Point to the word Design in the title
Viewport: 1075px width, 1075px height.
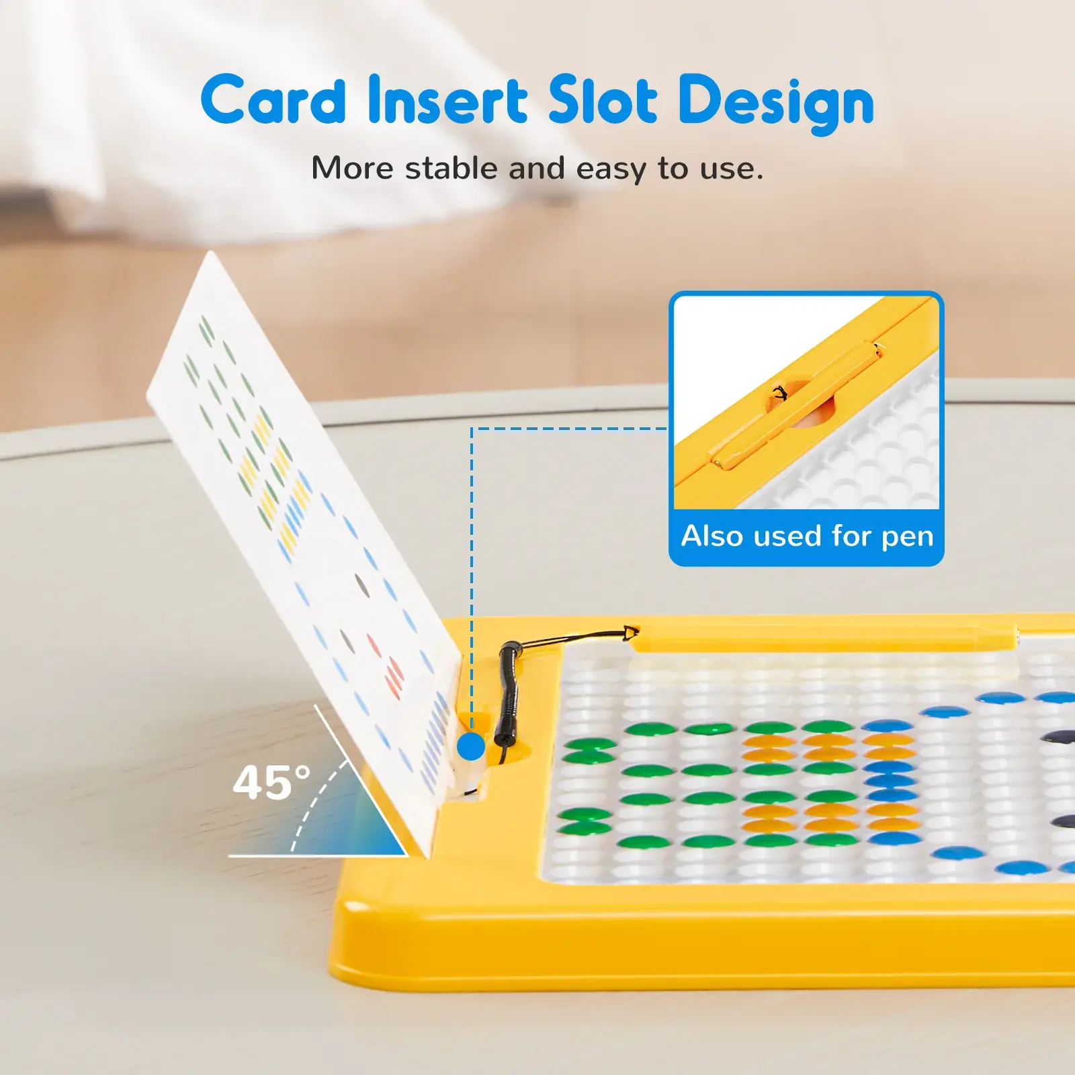[x=776, y=104]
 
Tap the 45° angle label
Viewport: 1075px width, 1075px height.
[x=271, y=783]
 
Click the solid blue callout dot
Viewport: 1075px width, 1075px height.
[x=471, y=746]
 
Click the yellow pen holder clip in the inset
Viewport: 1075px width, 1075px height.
[x=796, y=405]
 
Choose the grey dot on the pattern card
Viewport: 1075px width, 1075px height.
[x=361, y=585]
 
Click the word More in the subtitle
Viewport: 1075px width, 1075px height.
[x=352, y=168]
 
